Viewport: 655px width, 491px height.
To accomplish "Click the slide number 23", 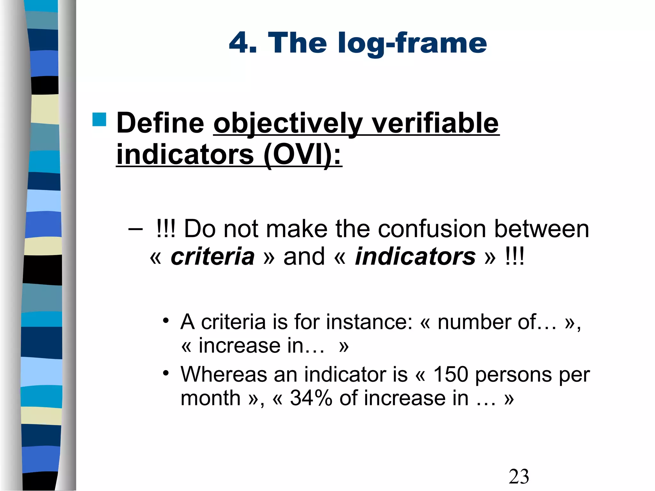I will (519, 477).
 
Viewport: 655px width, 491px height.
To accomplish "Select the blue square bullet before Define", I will (99, 120).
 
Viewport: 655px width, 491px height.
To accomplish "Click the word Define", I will (160, 123).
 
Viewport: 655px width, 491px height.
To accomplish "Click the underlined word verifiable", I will (435, 123).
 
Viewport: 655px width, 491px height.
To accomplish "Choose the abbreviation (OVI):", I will (303, 154).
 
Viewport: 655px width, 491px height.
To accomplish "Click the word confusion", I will (432, 229).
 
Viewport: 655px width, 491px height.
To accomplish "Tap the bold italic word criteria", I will (212, 256).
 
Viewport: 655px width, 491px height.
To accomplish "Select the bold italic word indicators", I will (415, 256).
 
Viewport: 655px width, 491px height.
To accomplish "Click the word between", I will (541, 229).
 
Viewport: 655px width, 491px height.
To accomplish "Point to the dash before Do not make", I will (135, 230).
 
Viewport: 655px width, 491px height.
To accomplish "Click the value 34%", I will (311, 398).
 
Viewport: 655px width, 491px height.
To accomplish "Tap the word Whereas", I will (224, 374).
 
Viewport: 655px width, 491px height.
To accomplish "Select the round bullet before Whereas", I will (165, 373).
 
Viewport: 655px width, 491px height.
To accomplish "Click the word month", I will (210, 398).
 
